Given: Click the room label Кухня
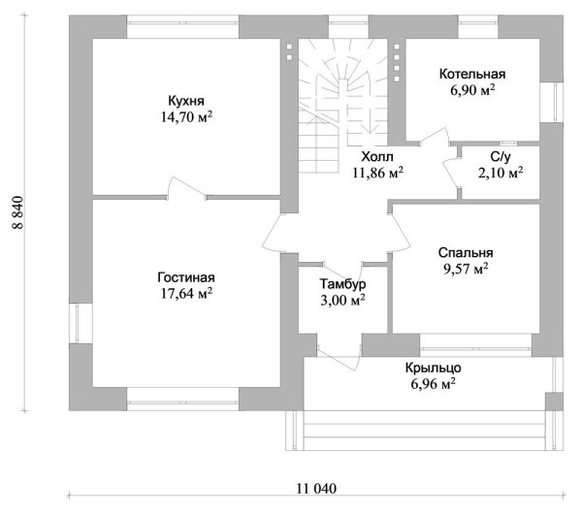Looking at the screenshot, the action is pos(186,101).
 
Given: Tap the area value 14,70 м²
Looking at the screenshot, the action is pos(186,117).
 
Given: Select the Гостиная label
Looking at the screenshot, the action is pos(186,277).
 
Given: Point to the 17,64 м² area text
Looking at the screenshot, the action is pos(186,293).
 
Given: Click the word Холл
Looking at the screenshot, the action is pos(377,156).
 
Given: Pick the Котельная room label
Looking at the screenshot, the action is pos(472,74).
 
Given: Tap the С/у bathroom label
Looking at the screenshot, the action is pos(501,157).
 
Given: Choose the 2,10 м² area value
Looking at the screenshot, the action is pos(501,173).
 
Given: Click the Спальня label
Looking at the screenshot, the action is pos(466,253).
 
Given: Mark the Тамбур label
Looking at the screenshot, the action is pos(342,284).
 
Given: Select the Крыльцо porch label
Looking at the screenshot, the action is pos(434,368).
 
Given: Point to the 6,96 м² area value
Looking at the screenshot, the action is pos(434,384).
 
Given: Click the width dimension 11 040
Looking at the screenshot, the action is pos(316,488).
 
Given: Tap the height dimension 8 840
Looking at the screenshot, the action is pos(18,212).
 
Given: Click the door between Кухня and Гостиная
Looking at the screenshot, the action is pos(186,188).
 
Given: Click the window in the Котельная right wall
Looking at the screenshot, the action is pos(552,102).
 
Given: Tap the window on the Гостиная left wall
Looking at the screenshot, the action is pos(81,323).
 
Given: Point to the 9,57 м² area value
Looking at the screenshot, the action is pos(466,269).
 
